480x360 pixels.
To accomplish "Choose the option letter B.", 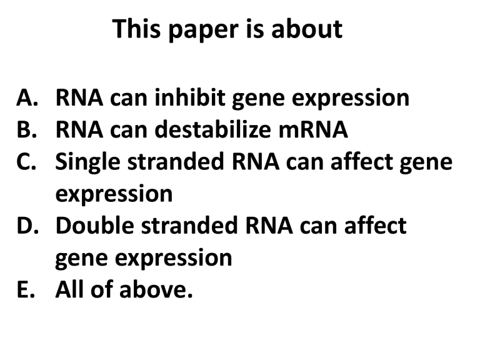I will pos(28,130).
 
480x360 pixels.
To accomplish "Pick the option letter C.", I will pos(28,162).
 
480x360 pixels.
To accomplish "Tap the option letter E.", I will pos(27,289).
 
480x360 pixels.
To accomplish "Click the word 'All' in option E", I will pos(71,289).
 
